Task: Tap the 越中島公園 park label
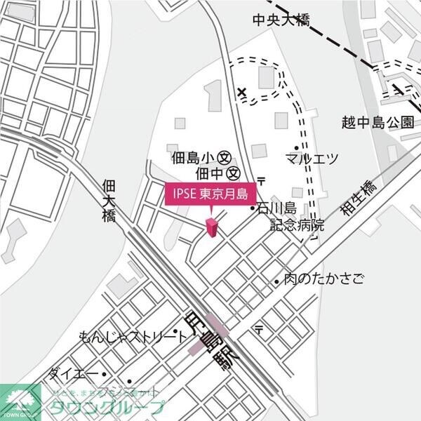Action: point(377,122)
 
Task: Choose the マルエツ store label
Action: point(312,159)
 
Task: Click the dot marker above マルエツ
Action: point(296,147)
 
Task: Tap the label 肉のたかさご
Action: point(324,280)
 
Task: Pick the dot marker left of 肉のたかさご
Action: point(277,281)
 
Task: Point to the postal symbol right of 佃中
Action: point(261,180)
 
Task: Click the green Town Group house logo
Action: point(20,403)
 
